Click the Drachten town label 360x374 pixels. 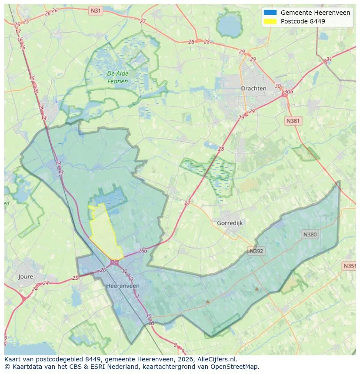(x=253, y=89)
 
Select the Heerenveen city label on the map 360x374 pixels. (x=123, y=286)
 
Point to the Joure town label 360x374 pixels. (x=26, y=276)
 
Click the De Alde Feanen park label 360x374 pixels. (x=118, y=77)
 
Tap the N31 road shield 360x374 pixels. (x=95, y=10)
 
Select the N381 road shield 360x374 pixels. (x=293, y=121)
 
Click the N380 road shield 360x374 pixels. (x=310, y=235)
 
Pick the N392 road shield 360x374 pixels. (x=257, y=251)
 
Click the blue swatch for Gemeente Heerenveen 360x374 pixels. (x=270, y=13)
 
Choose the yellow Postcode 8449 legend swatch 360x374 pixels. (x=270, y=21)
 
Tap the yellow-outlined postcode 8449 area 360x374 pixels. (x=105, y=230)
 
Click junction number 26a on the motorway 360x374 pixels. (x=143, y=251)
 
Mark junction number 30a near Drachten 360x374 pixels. (x=288, y=92)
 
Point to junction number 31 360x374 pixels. (x=329, y=60)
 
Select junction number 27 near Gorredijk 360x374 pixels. (x=187, y=203)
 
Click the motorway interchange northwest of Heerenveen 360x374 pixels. (x=114, y=262)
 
